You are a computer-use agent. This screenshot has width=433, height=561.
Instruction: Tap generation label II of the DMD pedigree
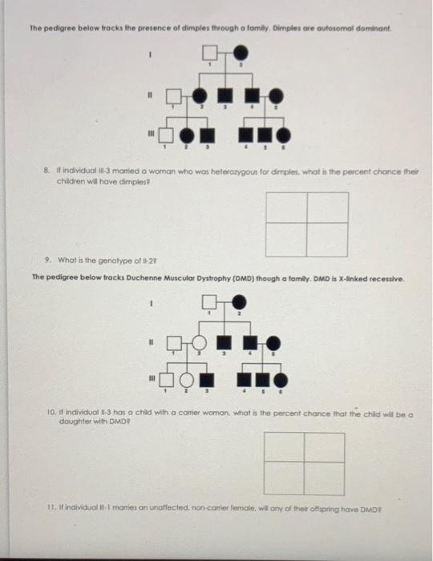coord(149,338)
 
